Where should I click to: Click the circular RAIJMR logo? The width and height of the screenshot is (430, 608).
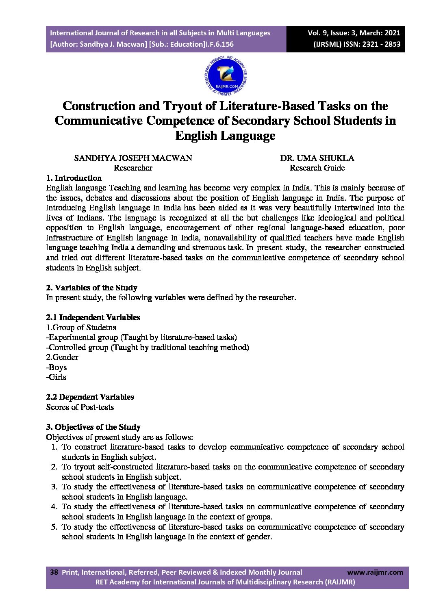point(226,77)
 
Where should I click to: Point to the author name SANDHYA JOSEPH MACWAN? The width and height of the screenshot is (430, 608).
point(133,158)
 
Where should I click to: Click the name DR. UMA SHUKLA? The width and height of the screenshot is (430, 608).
point(317,158)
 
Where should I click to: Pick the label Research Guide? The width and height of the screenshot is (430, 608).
point(317,168)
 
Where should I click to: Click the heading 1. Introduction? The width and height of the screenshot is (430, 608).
point(74,178)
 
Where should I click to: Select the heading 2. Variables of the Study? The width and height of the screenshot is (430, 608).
point(91,288)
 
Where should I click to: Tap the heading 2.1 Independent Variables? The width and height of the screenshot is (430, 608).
point(93,317)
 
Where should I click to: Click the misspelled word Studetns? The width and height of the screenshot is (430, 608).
point(101,327)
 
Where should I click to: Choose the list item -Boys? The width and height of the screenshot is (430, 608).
point(56,367)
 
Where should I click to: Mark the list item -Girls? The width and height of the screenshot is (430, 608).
point(56,377)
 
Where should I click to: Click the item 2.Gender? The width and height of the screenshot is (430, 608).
point(62,357)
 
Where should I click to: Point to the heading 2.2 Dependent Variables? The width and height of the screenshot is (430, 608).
point(90,397)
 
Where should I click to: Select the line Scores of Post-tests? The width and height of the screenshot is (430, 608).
point(80,407)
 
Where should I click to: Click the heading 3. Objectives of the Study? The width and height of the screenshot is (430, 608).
point(93,427)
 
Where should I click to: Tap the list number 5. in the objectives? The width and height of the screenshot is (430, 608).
point(54,527)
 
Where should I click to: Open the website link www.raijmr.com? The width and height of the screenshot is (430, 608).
point(375,572)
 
